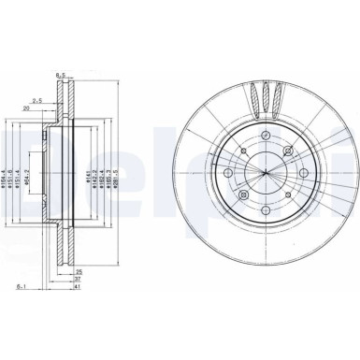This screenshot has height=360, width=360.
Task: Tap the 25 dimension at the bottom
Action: tap(78, 272)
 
